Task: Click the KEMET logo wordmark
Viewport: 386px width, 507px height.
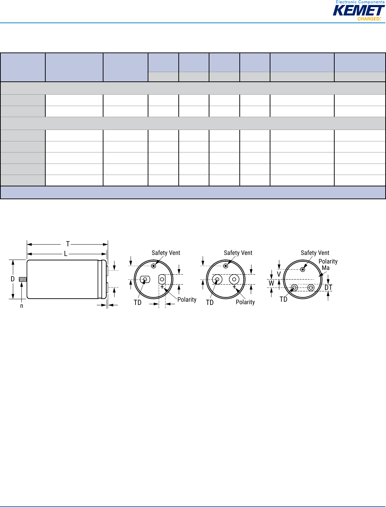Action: point(359,10)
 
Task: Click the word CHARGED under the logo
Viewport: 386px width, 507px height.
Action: point(369,19)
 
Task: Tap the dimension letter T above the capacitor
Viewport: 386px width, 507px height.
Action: point(67,244)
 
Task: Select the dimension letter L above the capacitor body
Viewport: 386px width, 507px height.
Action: point(66,254)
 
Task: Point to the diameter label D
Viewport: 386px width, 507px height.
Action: point(13,279)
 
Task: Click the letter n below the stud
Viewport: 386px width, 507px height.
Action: point(22,306)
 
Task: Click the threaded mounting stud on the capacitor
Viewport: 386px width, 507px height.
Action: point(23,280)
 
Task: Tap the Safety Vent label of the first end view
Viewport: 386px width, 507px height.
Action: point(166,253)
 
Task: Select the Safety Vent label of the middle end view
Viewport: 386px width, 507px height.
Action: point(238,253)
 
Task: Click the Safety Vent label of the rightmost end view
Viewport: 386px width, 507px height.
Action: point(315,253)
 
